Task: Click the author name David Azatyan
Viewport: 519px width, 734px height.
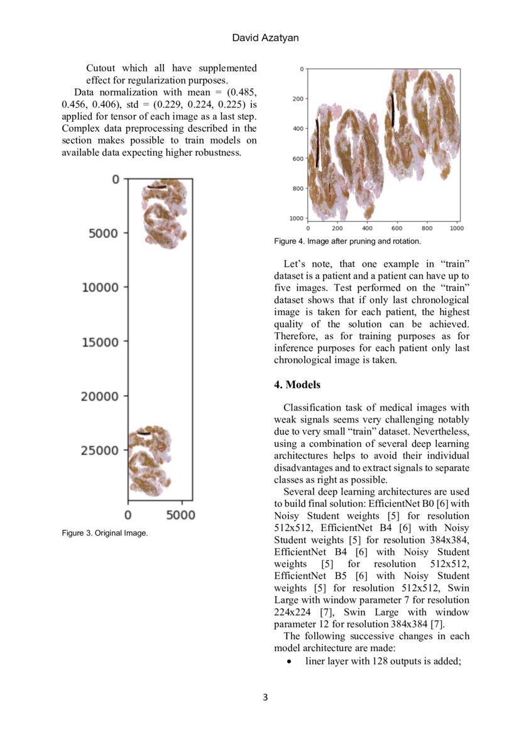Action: [265, 38]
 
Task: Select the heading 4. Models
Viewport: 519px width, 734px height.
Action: [297, 384]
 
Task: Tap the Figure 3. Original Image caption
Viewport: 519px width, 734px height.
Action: [104, 533]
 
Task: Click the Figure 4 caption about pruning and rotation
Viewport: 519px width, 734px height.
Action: [347, 241]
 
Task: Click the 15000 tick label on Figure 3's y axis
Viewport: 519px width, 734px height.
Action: [102, 342]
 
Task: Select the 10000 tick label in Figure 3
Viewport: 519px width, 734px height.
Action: [102, 288]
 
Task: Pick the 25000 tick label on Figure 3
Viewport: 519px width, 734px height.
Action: [102, 450]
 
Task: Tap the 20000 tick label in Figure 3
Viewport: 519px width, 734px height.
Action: [102, 396]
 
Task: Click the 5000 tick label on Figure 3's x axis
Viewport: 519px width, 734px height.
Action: [182, 515]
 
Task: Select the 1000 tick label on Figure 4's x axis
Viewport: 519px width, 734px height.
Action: [456, 229]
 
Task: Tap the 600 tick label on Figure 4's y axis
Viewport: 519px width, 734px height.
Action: [297, 159]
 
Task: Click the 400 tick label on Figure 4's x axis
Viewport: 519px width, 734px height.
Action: [367, 229]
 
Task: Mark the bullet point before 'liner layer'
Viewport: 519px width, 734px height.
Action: [288, 661]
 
